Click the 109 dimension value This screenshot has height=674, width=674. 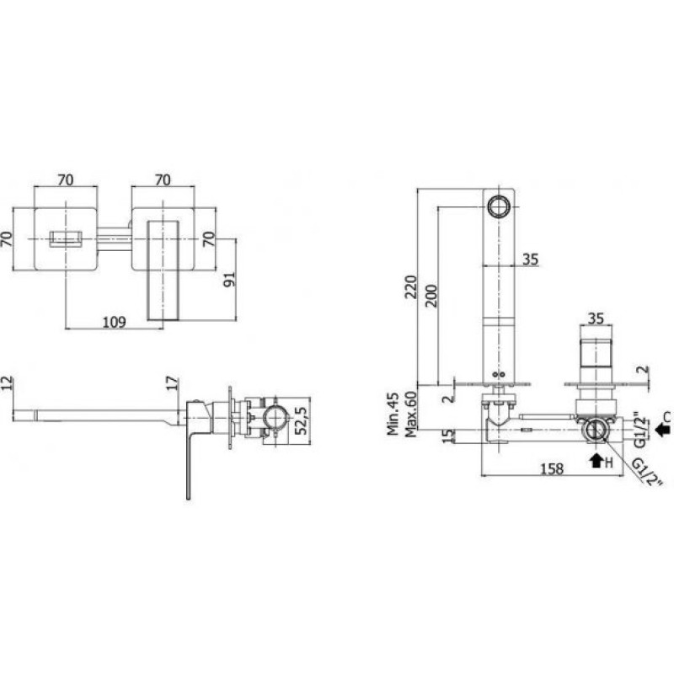pos(114,322)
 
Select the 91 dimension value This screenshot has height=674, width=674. pos(230,280)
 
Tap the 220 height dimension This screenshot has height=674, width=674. pos(411,286)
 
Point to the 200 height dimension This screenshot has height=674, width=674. pos(431,296)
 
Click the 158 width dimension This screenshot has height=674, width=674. pos(552,468)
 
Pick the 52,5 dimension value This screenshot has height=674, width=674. pos(302,420)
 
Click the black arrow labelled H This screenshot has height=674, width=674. pos(596,461)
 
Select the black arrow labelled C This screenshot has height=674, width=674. pos(662,429)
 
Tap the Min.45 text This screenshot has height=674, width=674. pos(393,414)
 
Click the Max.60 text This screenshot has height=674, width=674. pos(411,415)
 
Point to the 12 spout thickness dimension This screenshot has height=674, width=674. pos(8,383)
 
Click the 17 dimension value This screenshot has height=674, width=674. pos(172,383)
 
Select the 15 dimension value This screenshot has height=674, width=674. pos(448,436)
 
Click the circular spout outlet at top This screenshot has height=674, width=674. pos(499,206)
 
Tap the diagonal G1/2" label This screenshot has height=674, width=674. pos(647,473)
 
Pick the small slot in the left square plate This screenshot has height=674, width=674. pos(66,239)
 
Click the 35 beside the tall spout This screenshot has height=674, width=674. pos(531,259)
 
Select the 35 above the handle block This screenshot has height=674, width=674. pos(596,318)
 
